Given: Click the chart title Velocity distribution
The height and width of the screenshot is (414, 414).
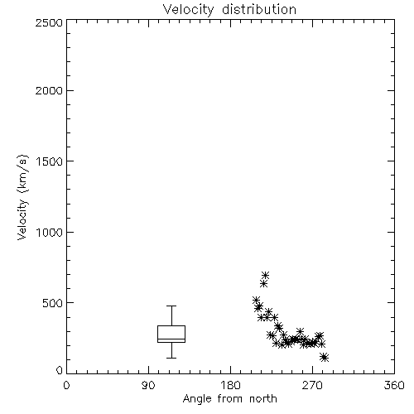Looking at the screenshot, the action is tap(229, 10).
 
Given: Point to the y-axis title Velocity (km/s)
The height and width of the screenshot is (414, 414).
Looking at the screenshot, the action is tap(22, 197).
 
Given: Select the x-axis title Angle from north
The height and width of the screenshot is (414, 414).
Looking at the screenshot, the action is tap(229, 398).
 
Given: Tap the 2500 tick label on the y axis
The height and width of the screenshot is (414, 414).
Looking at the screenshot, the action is tap(49, 22).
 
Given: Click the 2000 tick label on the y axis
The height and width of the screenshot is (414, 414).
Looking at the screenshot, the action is tap(49, 90).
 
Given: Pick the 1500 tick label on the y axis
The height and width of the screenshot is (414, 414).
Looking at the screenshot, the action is tap(50, 161).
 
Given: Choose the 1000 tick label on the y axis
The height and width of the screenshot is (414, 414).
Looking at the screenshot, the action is tap(50, 232).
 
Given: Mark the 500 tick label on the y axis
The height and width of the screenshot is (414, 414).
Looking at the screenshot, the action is tap(53, 303).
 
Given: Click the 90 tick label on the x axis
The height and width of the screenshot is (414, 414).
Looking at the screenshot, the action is tap(148, 385).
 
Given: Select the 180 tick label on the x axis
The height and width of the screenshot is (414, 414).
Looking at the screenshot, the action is tap(230, 385).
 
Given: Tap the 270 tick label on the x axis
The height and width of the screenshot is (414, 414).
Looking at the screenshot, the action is tap(312, 385).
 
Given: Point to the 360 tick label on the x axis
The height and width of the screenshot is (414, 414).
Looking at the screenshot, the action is tap(394, 385).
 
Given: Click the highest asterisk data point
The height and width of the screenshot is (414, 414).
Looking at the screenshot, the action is tap(265, 275).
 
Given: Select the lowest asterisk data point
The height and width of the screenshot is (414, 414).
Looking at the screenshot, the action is tap(324, 358).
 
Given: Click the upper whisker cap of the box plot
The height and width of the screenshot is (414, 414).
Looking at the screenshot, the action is tap(171, 306).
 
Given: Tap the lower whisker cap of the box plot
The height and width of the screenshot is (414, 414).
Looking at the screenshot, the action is tap(171, 358).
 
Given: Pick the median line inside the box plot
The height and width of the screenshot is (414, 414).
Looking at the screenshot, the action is tap(171, 339).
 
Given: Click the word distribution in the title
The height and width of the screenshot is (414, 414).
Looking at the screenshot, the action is tap(259, 9).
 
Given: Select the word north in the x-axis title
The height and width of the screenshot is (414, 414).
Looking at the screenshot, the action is tap(263, 398).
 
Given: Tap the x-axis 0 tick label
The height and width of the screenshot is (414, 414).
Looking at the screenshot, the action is tap(66, 385).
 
